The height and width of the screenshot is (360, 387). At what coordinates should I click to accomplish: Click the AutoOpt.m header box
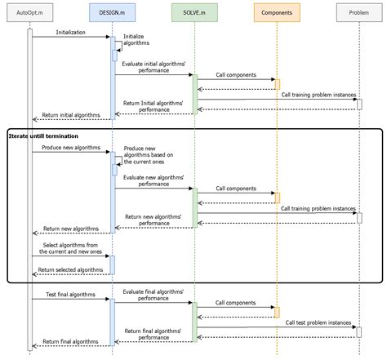(30, 13)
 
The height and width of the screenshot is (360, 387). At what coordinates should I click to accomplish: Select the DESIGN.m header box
(112, 13)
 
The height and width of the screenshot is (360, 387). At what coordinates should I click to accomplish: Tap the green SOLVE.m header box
(193, 13)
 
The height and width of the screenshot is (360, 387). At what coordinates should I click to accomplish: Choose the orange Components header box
(276, 13)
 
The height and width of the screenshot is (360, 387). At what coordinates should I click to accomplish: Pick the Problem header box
(358, 13)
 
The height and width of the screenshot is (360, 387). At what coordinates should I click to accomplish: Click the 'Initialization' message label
(71, 33)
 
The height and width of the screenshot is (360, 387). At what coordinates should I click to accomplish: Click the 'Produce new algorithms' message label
(71, 148)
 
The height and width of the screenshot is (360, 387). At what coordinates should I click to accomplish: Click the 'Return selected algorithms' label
(70, 269)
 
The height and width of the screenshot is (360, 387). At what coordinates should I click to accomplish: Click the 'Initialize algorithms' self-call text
(137, 41)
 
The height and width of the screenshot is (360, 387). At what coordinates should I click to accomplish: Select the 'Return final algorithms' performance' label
(153, 334)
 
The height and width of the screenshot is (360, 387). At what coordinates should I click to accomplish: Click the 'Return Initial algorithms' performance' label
(153, 106)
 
